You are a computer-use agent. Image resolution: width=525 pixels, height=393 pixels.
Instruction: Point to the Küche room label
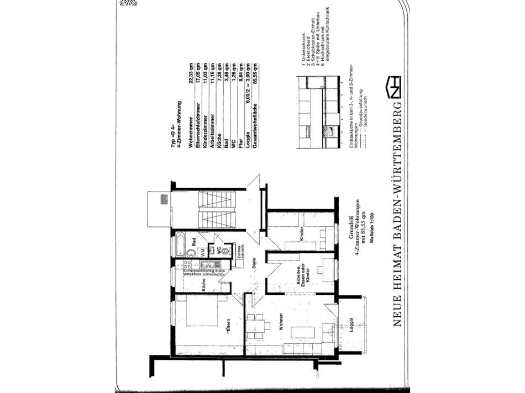(x=204, y=284)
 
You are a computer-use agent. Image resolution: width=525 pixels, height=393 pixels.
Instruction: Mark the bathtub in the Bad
(x=181, y=243)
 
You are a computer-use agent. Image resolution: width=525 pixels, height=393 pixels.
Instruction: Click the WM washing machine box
(x=203, y=251)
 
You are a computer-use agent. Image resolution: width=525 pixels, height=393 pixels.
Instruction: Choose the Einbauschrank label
(x=237, y=251)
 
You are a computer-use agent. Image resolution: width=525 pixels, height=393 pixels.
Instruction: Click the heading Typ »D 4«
(x=172, y=134)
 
